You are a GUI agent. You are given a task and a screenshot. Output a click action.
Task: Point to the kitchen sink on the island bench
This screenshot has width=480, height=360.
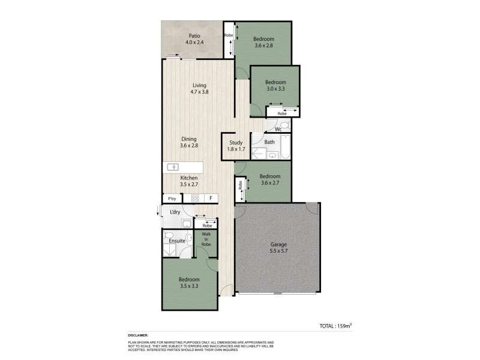coord(173,167)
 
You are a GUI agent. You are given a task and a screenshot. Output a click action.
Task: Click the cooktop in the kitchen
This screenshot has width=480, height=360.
coord(194,198)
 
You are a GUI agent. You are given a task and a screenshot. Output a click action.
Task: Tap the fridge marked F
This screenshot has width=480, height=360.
coord(211,198)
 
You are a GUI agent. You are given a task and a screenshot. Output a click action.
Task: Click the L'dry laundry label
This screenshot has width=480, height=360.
coord(175,212)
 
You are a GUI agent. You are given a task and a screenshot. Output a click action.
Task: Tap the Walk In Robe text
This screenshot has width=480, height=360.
coord(206,240)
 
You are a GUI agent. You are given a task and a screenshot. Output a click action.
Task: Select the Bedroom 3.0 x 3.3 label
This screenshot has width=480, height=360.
coord(275,85)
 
